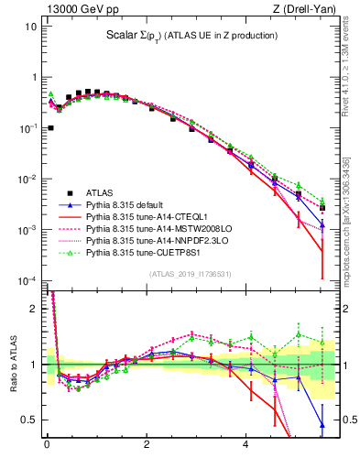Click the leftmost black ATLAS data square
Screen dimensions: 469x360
pyautogui.click(x=49, y=127)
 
